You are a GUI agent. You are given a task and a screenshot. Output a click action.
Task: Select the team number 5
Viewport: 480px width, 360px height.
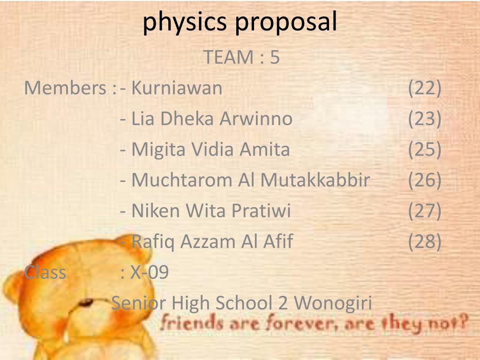[275, 57]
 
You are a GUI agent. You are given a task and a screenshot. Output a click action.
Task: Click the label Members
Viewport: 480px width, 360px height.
[66, 88]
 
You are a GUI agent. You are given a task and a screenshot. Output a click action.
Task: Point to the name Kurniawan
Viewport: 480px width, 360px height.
[177, 88]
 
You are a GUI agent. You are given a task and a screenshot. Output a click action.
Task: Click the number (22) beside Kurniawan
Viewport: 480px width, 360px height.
[425, 88]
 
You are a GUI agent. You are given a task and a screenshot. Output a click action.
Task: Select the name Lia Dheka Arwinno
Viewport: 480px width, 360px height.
[212, 119]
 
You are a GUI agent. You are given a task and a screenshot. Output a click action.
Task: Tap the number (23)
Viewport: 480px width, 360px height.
[425, 119]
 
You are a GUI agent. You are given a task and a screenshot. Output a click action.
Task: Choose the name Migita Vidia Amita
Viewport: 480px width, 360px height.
[210, 150]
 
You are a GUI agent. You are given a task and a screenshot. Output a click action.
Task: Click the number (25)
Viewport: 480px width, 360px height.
[425, 150]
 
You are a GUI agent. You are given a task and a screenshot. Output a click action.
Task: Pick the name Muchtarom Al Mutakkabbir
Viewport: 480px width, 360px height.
[251, 180]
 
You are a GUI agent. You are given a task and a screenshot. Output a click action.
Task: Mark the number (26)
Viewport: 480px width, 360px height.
[425, 180]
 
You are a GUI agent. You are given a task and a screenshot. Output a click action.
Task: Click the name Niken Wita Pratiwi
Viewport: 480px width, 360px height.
[211, 211]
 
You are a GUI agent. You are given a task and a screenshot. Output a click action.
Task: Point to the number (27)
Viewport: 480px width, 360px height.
[425, 211]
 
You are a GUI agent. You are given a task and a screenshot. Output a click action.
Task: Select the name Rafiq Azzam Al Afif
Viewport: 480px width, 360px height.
[212, 241]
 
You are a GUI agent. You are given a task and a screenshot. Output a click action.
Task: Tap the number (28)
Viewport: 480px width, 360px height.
[425, 241]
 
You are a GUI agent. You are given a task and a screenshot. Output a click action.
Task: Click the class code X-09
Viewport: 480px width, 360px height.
[149, 272]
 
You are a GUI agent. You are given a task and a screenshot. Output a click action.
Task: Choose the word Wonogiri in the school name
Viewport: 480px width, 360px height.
[333, 303]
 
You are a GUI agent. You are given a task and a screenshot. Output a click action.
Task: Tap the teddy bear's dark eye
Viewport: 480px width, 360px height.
[86, 302]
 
